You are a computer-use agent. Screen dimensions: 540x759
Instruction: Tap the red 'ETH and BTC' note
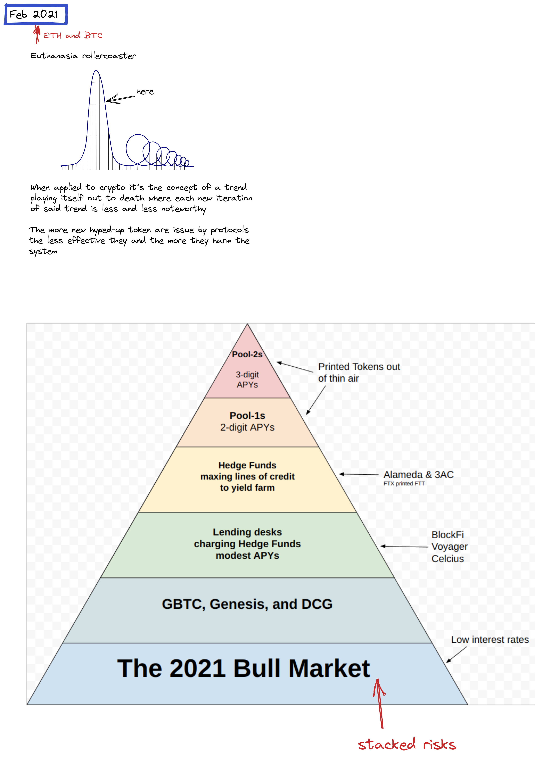tap(73, 35)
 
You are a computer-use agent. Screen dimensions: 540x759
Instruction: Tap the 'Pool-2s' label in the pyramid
tap(247, 354)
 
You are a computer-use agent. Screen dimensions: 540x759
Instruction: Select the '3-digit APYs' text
tap(247, 379)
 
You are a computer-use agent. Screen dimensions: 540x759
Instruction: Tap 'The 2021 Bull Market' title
tap(243, 668)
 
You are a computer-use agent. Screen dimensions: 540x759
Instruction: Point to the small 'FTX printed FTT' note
tap(404, 484)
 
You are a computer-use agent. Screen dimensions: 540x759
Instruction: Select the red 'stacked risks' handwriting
tap(407, 744)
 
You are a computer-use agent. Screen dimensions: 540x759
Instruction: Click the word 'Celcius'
tap(448, 559)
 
